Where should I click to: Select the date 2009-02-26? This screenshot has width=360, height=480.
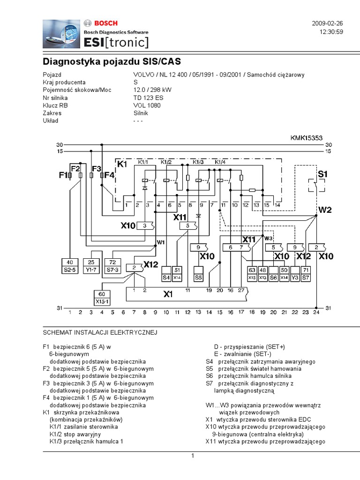pos(327,23)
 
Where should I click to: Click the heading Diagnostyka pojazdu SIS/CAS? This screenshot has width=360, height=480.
pos(112,61)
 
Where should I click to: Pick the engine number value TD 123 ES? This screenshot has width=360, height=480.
pos(148,98)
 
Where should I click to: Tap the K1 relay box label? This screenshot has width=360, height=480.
pos(122,164)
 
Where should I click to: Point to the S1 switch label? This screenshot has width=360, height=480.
pos(322,174)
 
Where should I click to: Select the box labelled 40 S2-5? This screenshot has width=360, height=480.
pos(69,265)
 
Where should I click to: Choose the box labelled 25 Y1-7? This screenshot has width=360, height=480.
pos(92,265)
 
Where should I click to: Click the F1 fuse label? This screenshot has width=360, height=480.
pos(64,176)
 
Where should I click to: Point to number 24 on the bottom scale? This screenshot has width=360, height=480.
pos(316,312)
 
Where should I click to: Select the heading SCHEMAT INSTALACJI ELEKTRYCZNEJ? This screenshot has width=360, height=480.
pos(100,332)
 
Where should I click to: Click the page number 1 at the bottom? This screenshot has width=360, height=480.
pos(192,457)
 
